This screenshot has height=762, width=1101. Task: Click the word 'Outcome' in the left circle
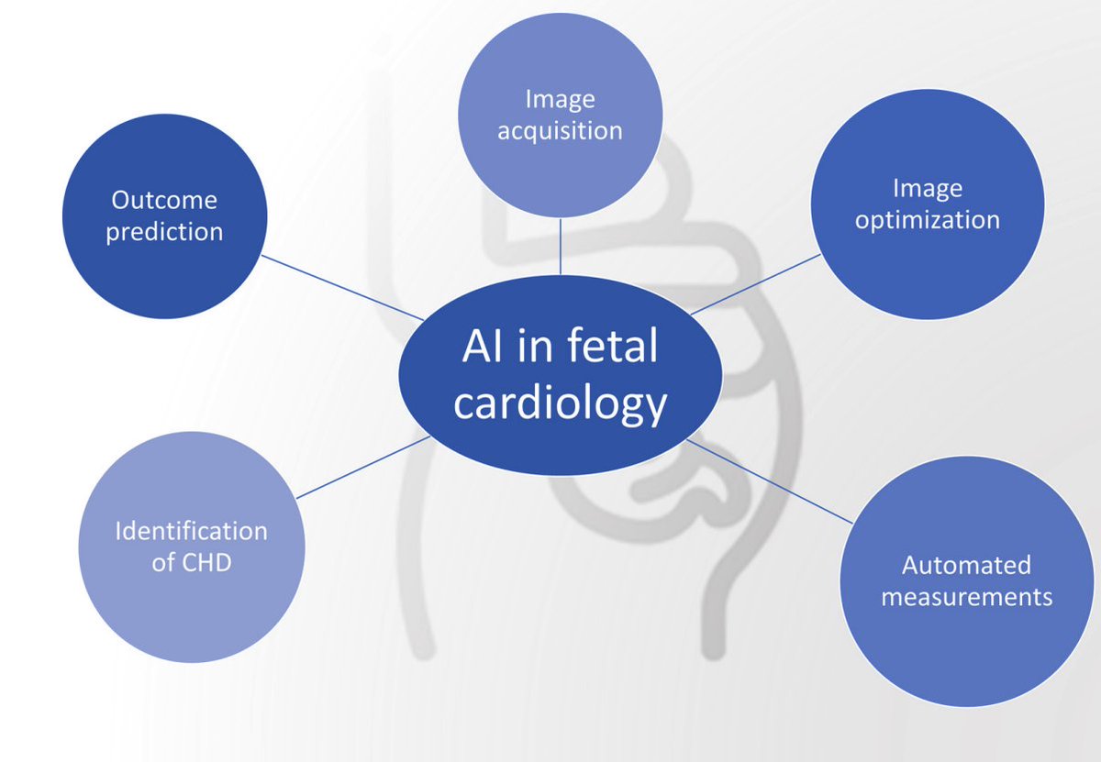click(x=164, y=200)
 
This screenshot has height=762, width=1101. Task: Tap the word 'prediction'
click(x=164, y=232)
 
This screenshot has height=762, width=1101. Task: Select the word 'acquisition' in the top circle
click(x=560, y=131)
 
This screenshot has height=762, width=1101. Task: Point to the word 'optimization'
click(x=927, y=221)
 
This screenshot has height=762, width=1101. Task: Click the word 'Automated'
click(x=966, y=565)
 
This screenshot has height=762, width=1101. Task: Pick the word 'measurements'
click(x=966, y=597)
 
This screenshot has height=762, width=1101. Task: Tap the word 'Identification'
click(x=191, y=531)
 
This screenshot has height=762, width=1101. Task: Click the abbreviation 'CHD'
click(x=206, y=562)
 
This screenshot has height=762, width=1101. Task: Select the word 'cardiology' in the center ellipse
click(x=560, y=403)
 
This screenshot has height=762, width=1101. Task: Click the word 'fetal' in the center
click(x=611, y=348)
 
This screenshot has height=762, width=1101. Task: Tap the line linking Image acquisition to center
click(x=560, y=246)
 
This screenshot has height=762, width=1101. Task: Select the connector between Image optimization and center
click(x=754, y=284)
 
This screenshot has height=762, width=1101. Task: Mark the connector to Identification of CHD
click(x=362, y=468)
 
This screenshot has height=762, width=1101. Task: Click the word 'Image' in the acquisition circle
click(x=560, y=99)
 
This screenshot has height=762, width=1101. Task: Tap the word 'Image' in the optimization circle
click(x=927, y=189)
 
